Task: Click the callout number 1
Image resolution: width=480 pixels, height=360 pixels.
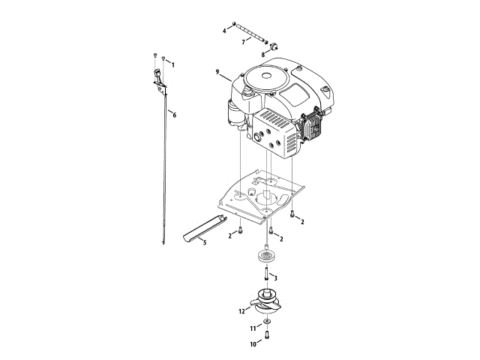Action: pyautogui.click(x=173, y=65)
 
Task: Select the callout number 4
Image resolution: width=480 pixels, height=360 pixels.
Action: pyautogui.click(x=223, y=30)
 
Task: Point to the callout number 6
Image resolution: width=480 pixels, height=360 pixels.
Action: pyautogui.click(x=174, y=115)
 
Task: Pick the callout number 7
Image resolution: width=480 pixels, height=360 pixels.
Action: pyautogui.click(x=243, y=42)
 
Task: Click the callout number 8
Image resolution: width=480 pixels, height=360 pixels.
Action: pyautogui.click(x=263, y=55)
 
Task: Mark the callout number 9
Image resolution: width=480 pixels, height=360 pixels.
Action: pyautogui.click(x=217, y=72)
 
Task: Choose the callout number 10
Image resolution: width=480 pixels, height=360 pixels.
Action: pyautogui.click(x=252, y=343)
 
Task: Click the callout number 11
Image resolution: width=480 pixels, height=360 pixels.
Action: pyautogui.click(x=253, y=328)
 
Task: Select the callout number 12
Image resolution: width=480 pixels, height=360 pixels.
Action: pyautogui.click(x=241, y=310)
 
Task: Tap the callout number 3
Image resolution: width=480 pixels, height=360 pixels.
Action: pyautogui.click(x=276, y=278)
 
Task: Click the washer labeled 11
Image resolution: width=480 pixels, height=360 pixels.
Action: pyautogui.click(x=267, y=322)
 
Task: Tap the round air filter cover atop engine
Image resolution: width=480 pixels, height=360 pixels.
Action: pyautogui.click(x=268, y=78)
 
